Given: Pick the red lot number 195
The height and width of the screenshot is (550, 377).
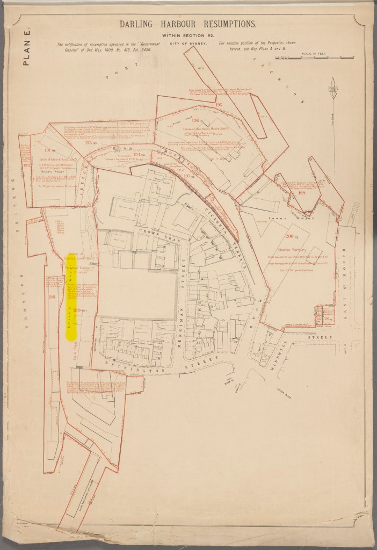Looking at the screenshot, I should click(219, 104).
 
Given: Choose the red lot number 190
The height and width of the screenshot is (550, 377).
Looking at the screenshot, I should click(52, 296).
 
